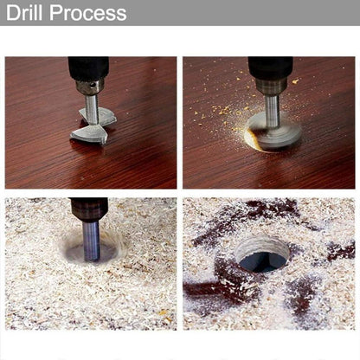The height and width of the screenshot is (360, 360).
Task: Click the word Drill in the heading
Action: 24,12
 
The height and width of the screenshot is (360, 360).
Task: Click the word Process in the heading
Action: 88,12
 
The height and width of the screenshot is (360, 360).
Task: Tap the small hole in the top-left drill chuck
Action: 92,85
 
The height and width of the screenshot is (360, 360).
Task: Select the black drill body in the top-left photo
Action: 88,68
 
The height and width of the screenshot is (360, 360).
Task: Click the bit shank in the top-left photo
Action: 91,110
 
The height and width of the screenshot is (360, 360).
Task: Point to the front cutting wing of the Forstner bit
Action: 87,136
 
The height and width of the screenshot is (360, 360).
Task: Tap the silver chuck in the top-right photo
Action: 271,87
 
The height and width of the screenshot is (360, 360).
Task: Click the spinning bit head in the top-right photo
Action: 274,131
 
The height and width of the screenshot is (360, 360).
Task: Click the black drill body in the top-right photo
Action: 271,67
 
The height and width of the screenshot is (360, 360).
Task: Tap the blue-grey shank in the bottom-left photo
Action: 92,241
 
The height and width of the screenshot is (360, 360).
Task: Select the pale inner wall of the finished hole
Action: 261,245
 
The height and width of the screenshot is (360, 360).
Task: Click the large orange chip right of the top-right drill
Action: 295,81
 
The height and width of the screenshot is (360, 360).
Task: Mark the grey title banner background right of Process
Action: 243,13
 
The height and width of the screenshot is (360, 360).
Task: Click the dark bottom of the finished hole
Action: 262,262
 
